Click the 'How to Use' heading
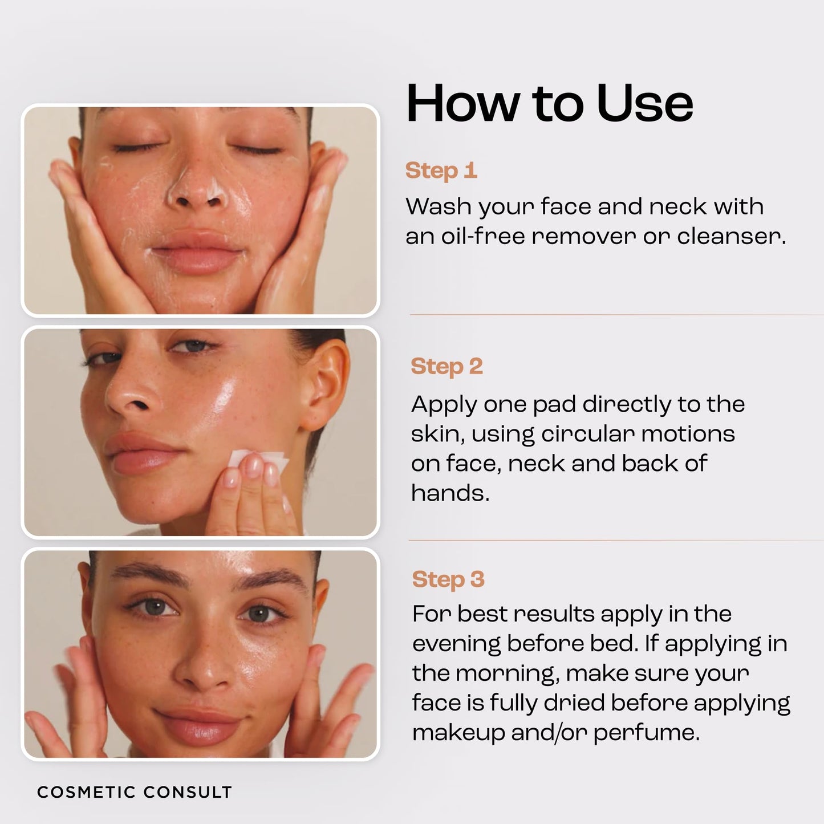coord(549,103)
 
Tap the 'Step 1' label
coord(441,171)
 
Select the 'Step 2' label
coord(446,367)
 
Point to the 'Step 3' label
coord(448,579)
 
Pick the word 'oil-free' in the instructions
coord(483,236)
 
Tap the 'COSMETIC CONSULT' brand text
coord(135,792)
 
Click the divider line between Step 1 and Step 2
coord(616,315)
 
